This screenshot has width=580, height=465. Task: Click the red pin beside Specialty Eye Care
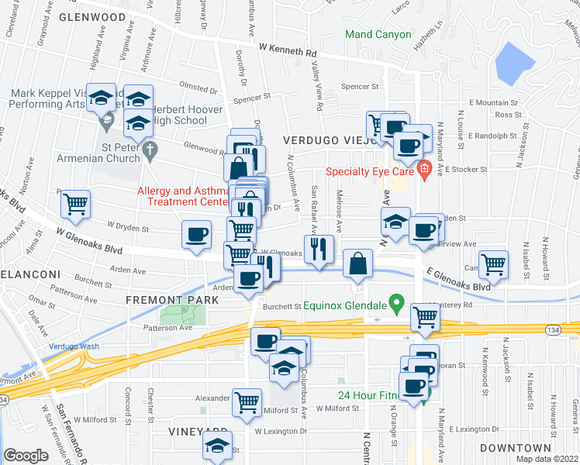coord(423,170)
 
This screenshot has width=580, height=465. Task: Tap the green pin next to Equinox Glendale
coord(396,303)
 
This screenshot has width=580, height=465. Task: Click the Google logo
coord(26,456)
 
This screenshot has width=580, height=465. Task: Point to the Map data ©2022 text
coord(547,459)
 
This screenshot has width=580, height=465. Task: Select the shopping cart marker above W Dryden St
coord(76,205)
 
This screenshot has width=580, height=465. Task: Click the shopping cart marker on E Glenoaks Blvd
coord(493,264)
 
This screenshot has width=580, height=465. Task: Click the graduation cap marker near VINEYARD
coord(217,446)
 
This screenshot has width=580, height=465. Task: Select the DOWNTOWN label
coord(514,448)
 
